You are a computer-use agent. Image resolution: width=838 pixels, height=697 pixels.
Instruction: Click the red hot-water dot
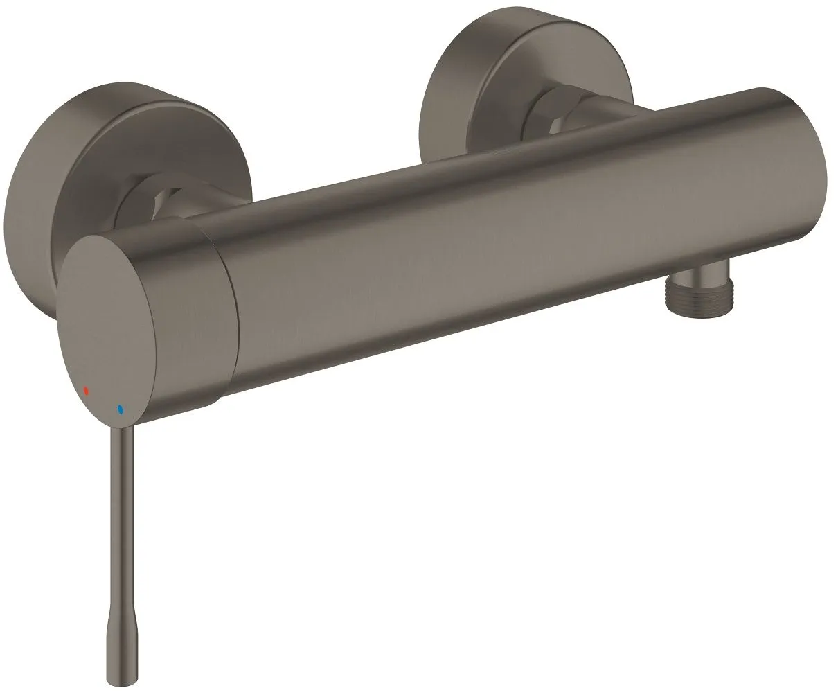[86, 391]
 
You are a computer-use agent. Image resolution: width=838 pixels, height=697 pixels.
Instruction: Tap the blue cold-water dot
[121, 409]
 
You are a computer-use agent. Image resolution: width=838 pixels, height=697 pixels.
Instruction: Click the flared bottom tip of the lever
[118, 665]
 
